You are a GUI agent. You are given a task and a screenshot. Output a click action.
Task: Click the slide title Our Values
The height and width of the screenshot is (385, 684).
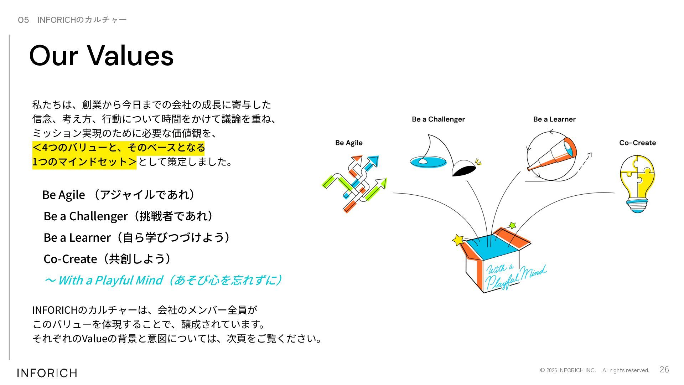click(101, 55)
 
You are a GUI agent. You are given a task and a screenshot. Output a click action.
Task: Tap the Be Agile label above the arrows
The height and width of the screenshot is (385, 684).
click(349, 143)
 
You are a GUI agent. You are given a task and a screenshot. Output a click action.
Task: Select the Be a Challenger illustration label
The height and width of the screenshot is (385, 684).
click(438, 119)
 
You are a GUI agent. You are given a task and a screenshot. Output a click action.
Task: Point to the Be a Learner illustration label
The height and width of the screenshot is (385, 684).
click(554, 119)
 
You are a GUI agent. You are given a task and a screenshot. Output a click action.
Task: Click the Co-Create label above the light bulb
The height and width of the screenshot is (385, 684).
click(637, 143)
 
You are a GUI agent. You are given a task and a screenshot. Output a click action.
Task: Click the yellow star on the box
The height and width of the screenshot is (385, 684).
click(458, 240)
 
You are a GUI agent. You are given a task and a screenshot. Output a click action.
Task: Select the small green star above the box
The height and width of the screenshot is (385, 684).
click(512, 225)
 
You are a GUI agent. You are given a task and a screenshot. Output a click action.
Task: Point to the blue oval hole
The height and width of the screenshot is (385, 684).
click(428, 162)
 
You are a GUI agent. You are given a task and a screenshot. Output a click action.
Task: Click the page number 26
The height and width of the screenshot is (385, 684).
click(664, 369)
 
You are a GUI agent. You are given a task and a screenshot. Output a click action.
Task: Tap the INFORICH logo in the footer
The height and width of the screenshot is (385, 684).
click(47, 373)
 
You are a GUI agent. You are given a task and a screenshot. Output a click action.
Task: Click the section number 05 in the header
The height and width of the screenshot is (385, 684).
click(23, 20)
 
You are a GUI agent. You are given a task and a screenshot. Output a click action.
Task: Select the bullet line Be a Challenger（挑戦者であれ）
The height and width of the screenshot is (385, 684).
click(128, 216)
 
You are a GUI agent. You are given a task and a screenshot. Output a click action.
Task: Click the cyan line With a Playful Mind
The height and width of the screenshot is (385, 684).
click(163, 280)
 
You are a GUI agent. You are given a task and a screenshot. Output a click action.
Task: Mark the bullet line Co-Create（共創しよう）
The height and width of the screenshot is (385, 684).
click(107, 259)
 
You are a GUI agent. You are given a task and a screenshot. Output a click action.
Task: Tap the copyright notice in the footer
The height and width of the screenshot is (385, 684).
click(594, 370)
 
